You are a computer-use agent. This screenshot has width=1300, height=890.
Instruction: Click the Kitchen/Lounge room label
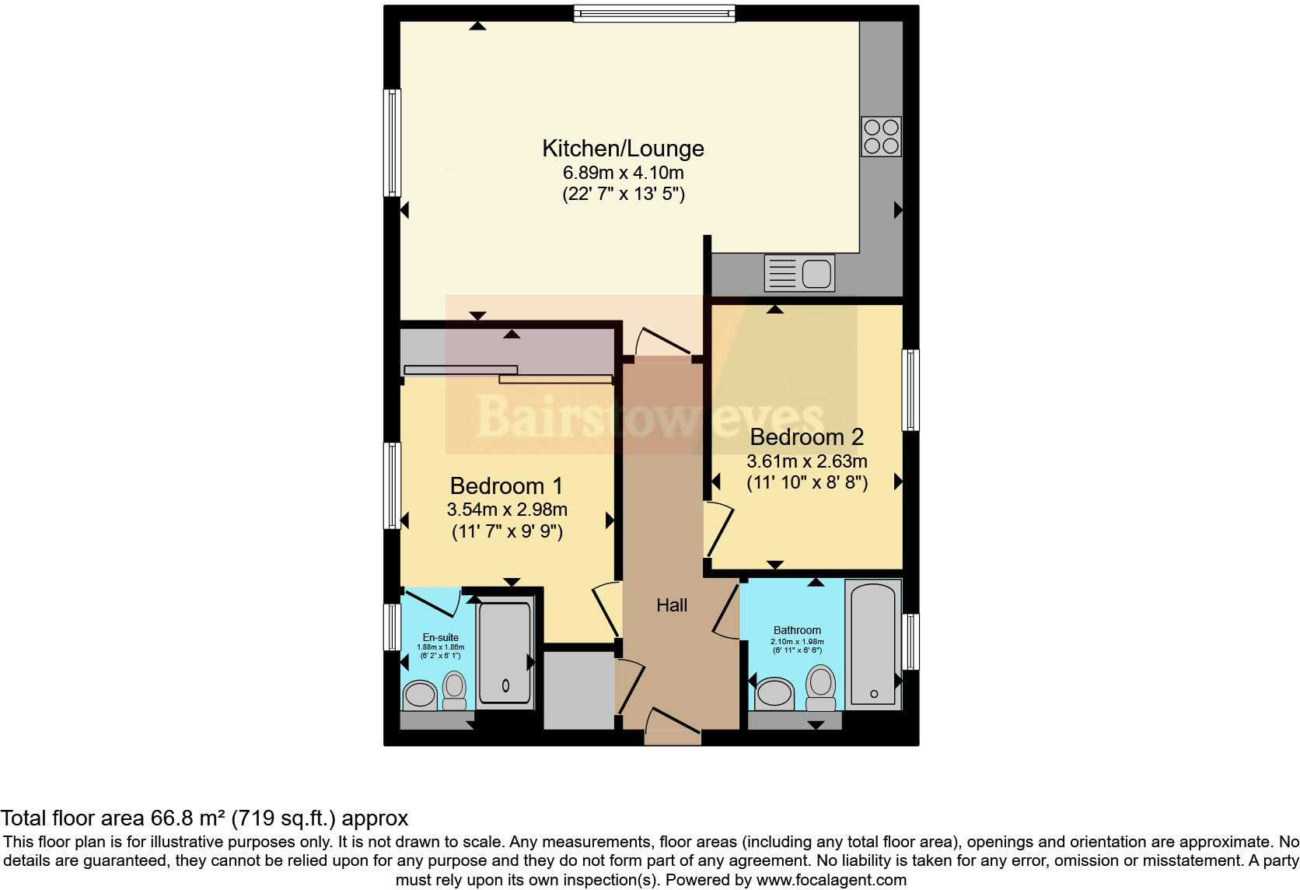[x=623, y=148]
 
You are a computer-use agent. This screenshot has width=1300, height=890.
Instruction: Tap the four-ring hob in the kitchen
[x=881, y=136]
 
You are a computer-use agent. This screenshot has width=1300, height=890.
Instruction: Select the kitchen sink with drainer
[x=799, y=274]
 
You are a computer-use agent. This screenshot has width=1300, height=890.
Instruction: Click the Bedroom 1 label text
[x=506, y=486]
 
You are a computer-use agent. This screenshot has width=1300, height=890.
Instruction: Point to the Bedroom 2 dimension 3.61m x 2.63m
[x=807, y=461]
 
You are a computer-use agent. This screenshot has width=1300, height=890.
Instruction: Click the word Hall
[x=672, y=605]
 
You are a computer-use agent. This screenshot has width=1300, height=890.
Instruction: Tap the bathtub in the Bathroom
[x=873, y=644]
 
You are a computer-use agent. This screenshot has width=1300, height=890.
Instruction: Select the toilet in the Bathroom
[x=821, y=686]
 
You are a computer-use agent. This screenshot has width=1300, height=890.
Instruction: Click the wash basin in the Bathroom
[x=774, y=692]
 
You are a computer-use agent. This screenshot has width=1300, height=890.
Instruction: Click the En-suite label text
[x=440, y=637]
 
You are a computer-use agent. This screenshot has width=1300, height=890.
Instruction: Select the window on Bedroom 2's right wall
[x=910, y=390]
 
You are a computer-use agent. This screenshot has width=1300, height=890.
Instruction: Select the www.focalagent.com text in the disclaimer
[x=831, y=880]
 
